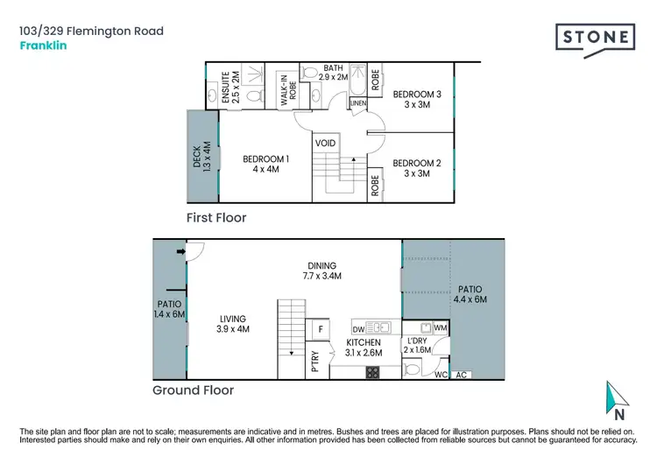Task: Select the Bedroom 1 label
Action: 266,164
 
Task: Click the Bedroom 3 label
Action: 415,99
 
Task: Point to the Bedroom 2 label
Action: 415,168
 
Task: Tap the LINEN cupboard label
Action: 357,104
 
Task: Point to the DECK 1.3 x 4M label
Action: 202,158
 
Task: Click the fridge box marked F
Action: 321,330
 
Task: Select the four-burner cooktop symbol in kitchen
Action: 371,372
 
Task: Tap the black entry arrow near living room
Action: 180,253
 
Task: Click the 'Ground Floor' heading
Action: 193,390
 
